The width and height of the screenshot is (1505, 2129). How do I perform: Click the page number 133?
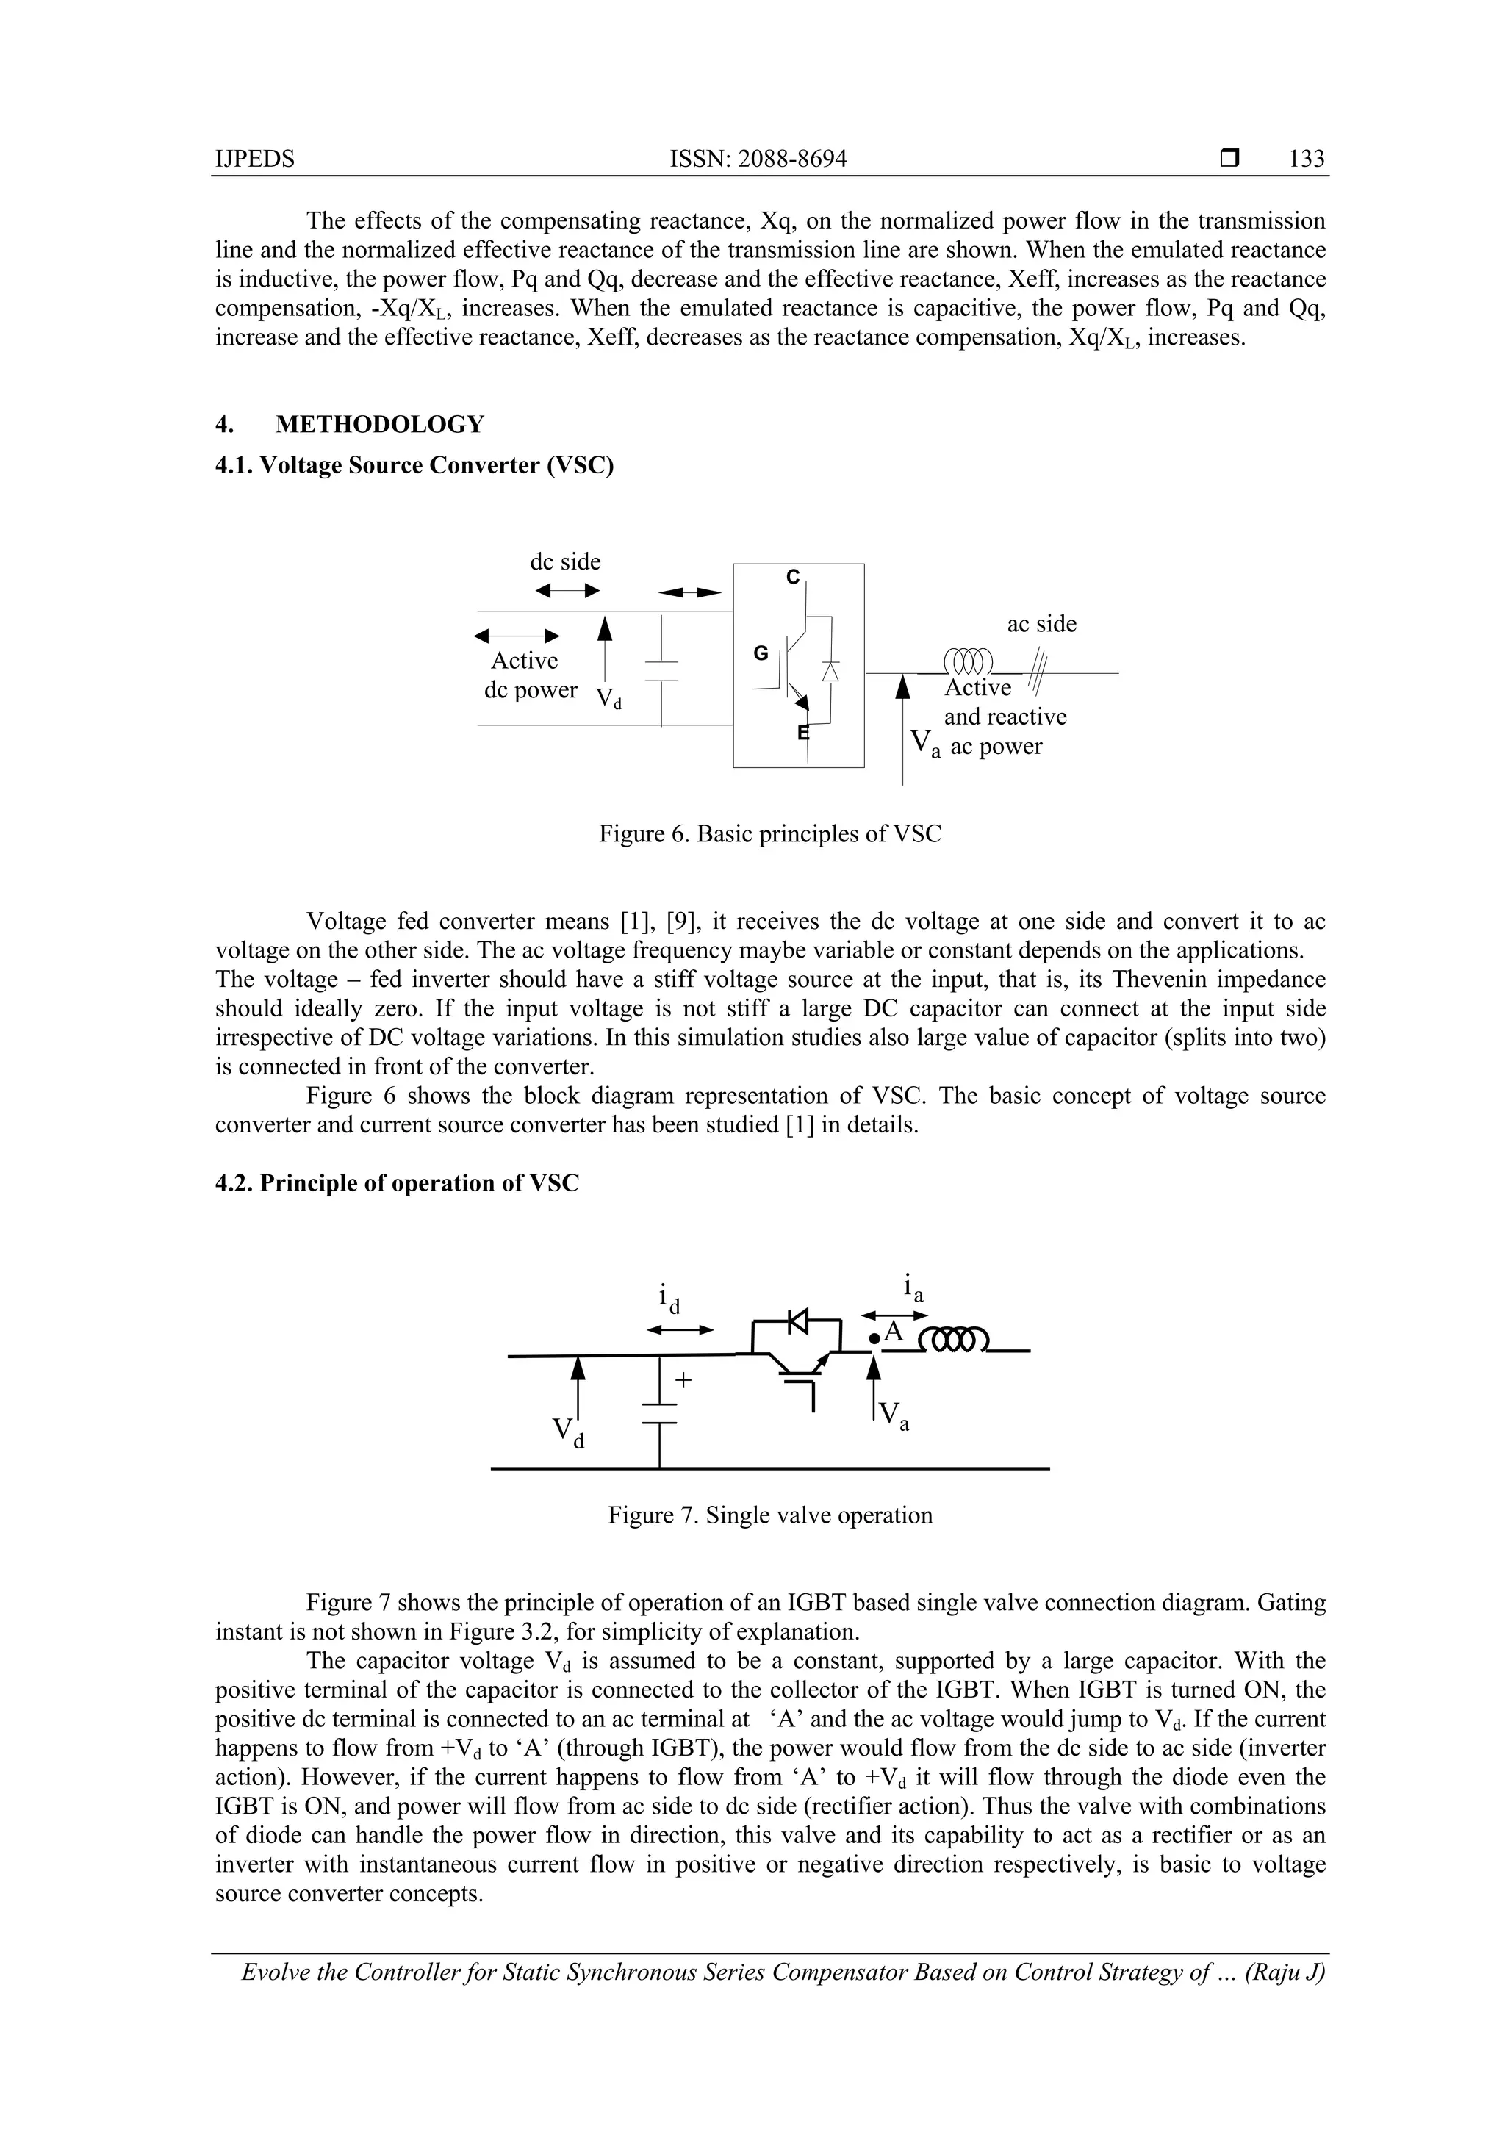(1306, 159)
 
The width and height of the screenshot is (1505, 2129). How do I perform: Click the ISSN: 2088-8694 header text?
(758, 159)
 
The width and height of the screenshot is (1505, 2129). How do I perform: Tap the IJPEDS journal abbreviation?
(254, 159)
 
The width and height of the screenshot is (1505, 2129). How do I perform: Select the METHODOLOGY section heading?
(379, 425)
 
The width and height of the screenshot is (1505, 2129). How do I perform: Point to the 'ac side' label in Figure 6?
(1041, 623)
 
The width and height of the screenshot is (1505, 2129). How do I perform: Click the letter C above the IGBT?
(792, 577)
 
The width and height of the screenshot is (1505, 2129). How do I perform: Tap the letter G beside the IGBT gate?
(761, 653)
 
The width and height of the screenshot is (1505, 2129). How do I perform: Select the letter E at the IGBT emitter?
(803, 733)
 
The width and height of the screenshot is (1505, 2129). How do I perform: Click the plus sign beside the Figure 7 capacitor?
(683, 1379)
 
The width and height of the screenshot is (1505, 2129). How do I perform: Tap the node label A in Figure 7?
(892, 1332)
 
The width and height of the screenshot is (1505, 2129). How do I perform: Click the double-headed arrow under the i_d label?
(680, 1329)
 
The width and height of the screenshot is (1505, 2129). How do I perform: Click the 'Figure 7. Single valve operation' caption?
(769, 1515)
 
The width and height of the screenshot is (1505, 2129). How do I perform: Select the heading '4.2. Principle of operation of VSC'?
(397, 1183)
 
